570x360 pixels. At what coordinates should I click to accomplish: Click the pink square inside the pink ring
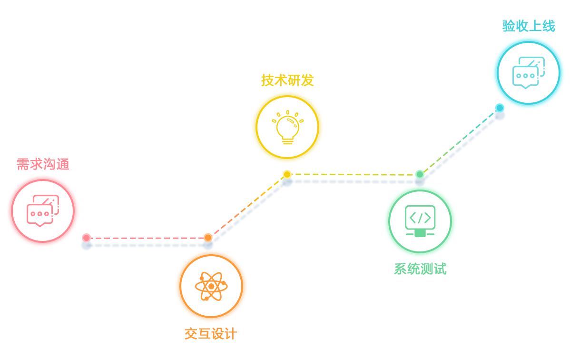(43, 210)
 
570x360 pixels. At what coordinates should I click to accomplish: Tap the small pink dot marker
(86, 238)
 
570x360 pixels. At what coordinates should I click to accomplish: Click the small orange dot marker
(208, 237)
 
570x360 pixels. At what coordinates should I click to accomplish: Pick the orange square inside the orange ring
(211, 286)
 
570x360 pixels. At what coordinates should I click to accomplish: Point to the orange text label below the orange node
(211, 334)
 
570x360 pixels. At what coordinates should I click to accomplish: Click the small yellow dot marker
(287, 174)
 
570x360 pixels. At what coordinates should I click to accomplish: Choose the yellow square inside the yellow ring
(287, 127)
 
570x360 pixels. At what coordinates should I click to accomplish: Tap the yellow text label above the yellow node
(287, 80)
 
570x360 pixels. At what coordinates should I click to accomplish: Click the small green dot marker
(420, 174)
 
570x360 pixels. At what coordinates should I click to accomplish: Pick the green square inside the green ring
(420, 221)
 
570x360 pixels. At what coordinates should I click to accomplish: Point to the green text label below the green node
(420, 269)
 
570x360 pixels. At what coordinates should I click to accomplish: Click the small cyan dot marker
(500, 108)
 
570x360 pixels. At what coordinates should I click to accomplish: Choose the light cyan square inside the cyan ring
(529, 73)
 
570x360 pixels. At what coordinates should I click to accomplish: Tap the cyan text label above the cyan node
(529, 26)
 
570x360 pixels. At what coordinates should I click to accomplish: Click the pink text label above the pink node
(43, 164)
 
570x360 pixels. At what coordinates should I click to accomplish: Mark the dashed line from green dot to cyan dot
(460, 141)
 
